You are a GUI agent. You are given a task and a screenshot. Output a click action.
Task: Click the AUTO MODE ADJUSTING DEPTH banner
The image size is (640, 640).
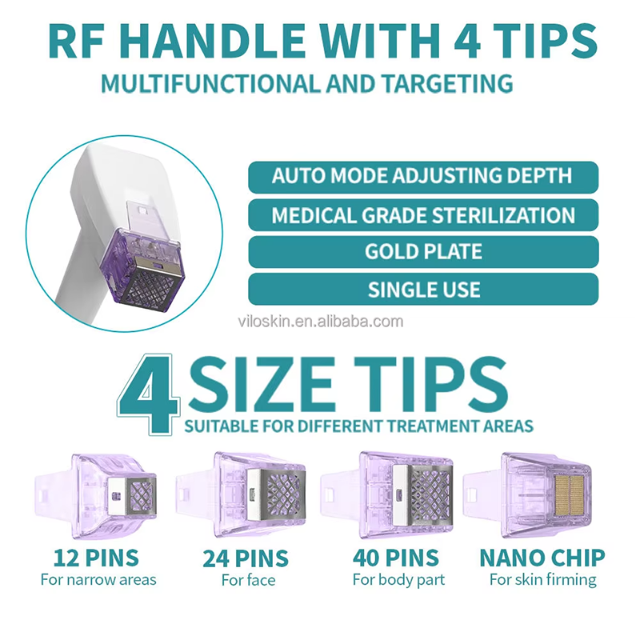point(423,177)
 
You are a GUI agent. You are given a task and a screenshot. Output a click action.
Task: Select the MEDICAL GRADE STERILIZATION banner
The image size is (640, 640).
point(423,215)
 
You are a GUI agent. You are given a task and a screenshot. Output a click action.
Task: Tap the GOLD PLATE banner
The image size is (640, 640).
point(423,252)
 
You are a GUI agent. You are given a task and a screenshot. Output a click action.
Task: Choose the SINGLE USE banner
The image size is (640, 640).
point(423,290)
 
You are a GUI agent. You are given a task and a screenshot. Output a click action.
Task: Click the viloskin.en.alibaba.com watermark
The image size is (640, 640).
point(321,322)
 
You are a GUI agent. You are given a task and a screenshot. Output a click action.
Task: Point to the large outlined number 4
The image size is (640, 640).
point(149,393)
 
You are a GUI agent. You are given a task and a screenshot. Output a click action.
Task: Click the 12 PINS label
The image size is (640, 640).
point(96,558)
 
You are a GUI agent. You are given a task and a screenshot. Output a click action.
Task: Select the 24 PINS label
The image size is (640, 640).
point(246,558)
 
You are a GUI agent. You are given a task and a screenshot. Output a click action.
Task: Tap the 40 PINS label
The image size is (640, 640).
point(396,558)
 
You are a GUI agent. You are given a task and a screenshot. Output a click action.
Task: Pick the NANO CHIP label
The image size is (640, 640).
point(542,558)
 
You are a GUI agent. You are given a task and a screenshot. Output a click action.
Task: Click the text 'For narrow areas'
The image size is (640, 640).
point(98,579)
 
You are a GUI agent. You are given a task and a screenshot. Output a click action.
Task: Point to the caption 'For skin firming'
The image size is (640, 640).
point(543,579)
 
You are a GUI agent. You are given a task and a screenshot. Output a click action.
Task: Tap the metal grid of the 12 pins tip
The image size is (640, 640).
point(142,495)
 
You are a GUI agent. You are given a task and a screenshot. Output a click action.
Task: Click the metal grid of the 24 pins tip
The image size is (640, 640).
point(285,495)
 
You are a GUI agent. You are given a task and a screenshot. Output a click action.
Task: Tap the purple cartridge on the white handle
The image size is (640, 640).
point(143,270)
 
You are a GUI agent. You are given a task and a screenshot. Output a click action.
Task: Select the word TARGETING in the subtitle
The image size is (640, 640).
point(447,84)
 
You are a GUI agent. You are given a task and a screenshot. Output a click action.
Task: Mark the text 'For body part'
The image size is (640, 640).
point(398,579)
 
